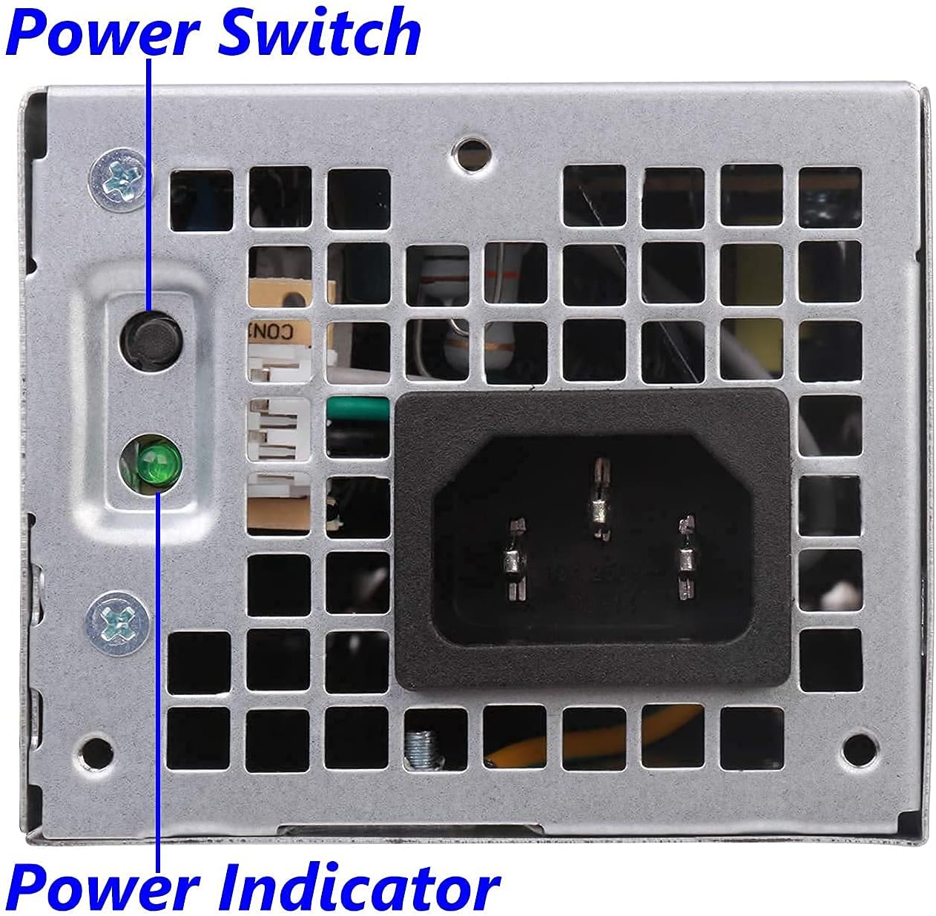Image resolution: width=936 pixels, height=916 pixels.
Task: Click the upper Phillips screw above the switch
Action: (x=118, y=178)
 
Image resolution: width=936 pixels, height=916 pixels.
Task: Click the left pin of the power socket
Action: (x=514, y=558)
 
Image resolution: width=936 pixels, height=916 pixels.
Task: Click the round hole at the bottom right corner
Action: (x=861, y=744)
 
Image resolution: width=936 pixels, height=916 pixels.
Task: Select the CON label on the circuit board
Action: (x=267, y=330)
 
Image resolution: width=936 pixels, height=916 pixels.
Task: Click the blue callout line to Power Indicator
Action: (x=158, y=668)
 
